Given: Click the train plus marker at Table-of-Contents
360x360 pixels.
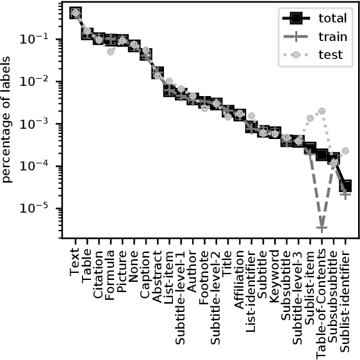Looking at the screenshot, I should coord(322,227).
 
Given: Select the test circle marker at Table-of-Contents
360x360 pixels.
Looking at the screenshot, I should coord(322,111).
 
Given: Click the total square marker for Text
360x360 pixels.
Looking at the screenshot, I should coord(76,13).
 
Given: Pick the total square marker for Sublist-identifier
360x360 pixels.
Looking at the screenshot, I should coord(345,186).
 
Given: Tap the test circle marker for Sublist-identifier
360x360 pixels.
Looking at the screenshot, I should coord(345,151).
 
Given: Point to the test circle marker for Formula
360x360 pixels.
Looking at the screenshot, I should coord(111,51).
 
